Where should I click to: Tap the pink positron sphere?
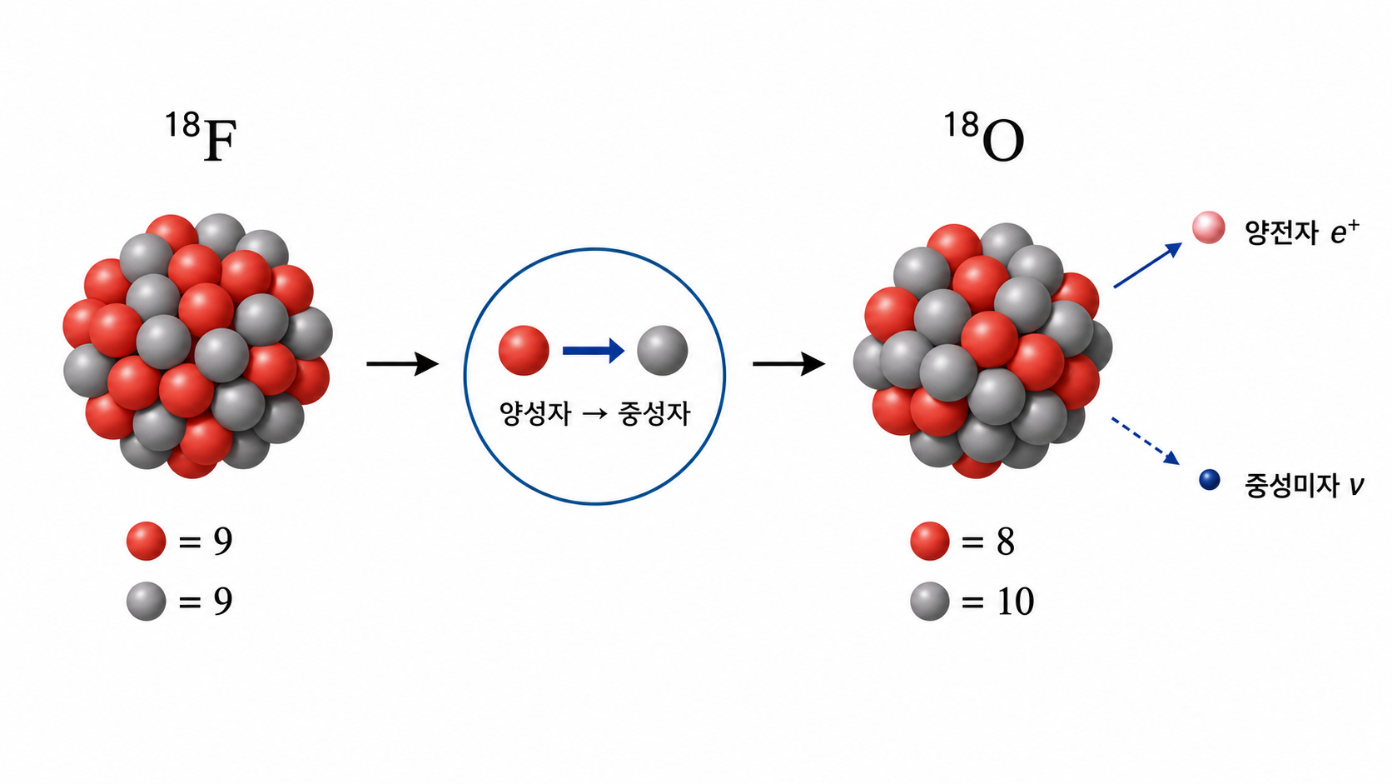coord(1209,227)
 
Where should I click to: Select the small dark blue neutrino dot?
coord(1210,479)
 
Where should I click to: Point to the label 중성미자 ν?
coord(1304,485)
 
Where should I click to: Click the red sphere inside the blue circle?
coord(524,350)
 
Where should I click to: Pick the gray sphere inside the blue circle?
coord(663,350)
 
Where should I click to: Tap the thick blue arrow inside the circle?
coord(594,351)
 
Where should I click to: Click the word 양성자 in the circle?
coord(535,413)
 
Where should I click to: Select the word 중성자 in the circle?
coord(654,413)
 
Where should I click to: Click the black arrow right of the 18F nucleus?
coord(403,364)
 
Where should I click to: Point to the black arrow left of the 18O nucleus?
coord(789,364)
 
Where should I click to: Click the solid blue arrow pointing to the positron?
coord(1148,265)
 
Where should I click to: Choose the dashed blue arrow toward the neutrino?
coord(1146,441)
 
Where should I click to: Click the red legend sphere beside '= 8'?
coord(930,541)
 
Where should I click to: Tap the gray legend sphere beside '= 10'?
coord(930,602)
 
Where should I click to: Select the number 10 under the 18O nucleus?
coord(1016,602)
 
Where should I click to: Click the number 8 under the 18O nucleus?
coord(1006,542)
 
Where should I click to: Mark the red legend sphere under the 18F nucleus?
coord(146,541)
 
